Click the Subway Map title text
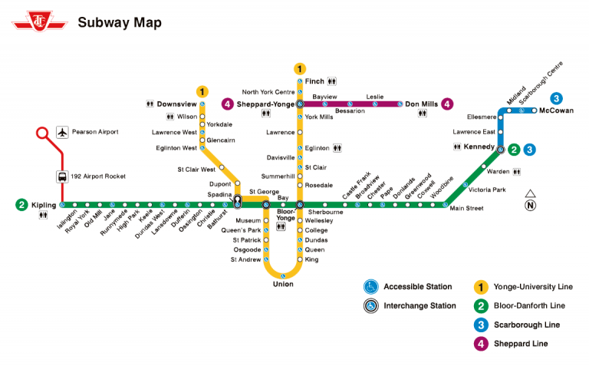pos(120,22)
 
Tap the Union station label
pos(283,285)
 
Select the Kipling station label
pos(44,205)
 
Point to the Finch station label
pos(314,81)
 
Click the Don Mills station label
pos(421,104)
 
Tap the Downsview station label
pos(177,104)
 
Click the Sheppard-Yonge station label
pos(266,104)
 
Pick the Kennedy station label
pos(479,146)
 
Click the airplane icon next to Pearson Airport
pos(62,132)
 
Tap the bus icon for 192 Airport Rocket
pos(62,176)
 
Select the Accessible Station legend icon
pos(371,287)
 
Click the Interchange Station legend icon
pos(371,306)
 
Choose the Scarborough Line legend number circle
pos(481,325)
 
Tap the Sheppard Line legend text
pos(521,344)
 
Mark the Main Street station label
pos(466,209)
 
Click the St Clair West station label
pos(196,169)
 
